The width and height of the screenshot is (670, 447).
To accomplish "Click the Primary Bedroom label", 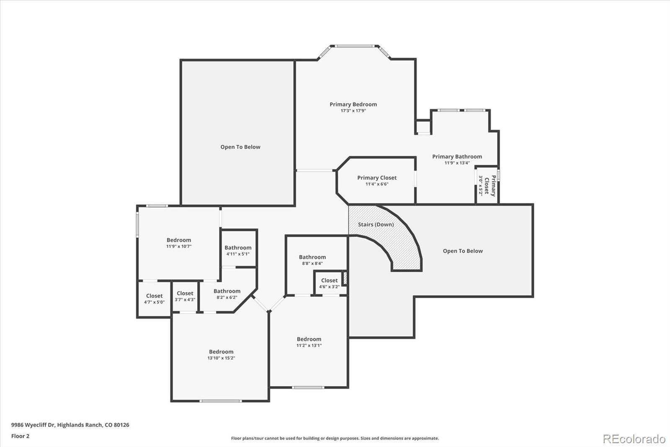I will click(353, 104).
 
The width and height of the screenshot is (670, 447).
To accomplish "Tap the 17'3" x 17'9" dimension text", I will click(353, 111).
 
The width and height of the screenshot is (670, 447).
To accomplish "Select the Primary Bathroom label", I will click(457, 156).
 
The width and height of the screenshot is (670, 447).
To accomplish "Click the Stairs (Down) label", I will click(376, 224).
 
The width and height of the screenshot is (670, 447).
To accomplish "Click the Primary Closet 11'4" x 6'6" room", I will click(377, 181).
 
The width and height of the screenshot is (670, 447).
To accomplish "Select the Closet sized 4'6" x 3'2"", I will click(329, 283).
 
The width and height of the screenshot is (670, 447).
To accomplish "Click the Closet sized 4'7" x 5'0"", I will click(154, 299).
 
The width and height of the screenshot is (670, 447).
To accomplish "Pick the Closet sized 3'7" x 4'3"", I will click(185, 296).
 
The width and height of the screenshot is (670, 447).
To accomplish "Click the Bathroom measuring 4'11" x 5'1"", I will click(238, 250).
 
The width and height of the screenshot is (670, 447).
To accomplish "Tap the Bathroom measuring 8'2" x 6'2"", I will click(227, 294).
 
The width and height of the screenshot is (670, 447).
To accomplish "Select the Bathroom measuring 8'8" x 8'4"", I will click(312, 260).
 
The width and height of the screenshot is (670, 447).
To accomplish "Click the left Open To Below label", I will click(240, 147).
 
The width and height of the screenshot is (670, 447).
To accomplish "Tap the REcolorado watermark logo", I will click(634, 439).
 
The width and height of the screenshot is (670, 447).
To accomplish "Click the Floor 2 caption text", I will click(20, 436).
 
